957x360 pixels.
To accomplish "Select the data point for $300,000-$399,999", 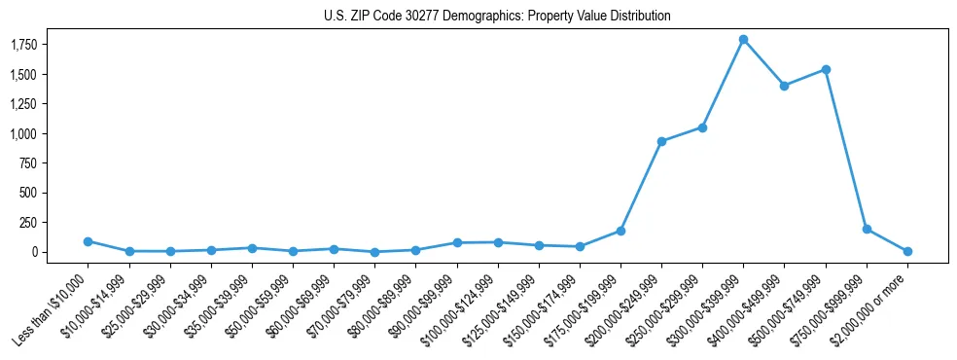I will [743, 40].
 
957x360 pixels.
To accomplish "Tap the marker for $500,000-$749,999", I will [826, 69].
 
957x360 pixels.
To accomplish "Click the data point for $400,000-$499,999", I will [784, 86].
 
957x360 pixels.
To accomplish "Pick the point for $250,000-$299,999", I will [702, 127].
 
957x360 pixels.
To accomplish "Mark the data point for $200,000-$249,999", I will [661, 141].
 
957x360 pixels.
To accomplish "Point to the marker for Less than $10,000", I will [88, 241].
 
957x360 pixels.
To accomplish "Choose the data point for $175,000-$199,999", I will [620, 231].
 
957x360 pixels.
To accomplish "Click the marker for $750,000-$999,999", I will [867, 230].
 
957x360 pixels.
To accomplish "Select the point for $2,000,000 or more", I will [907, 251].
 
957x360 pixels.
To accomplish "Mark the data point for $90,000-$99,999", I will [456, 242].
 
